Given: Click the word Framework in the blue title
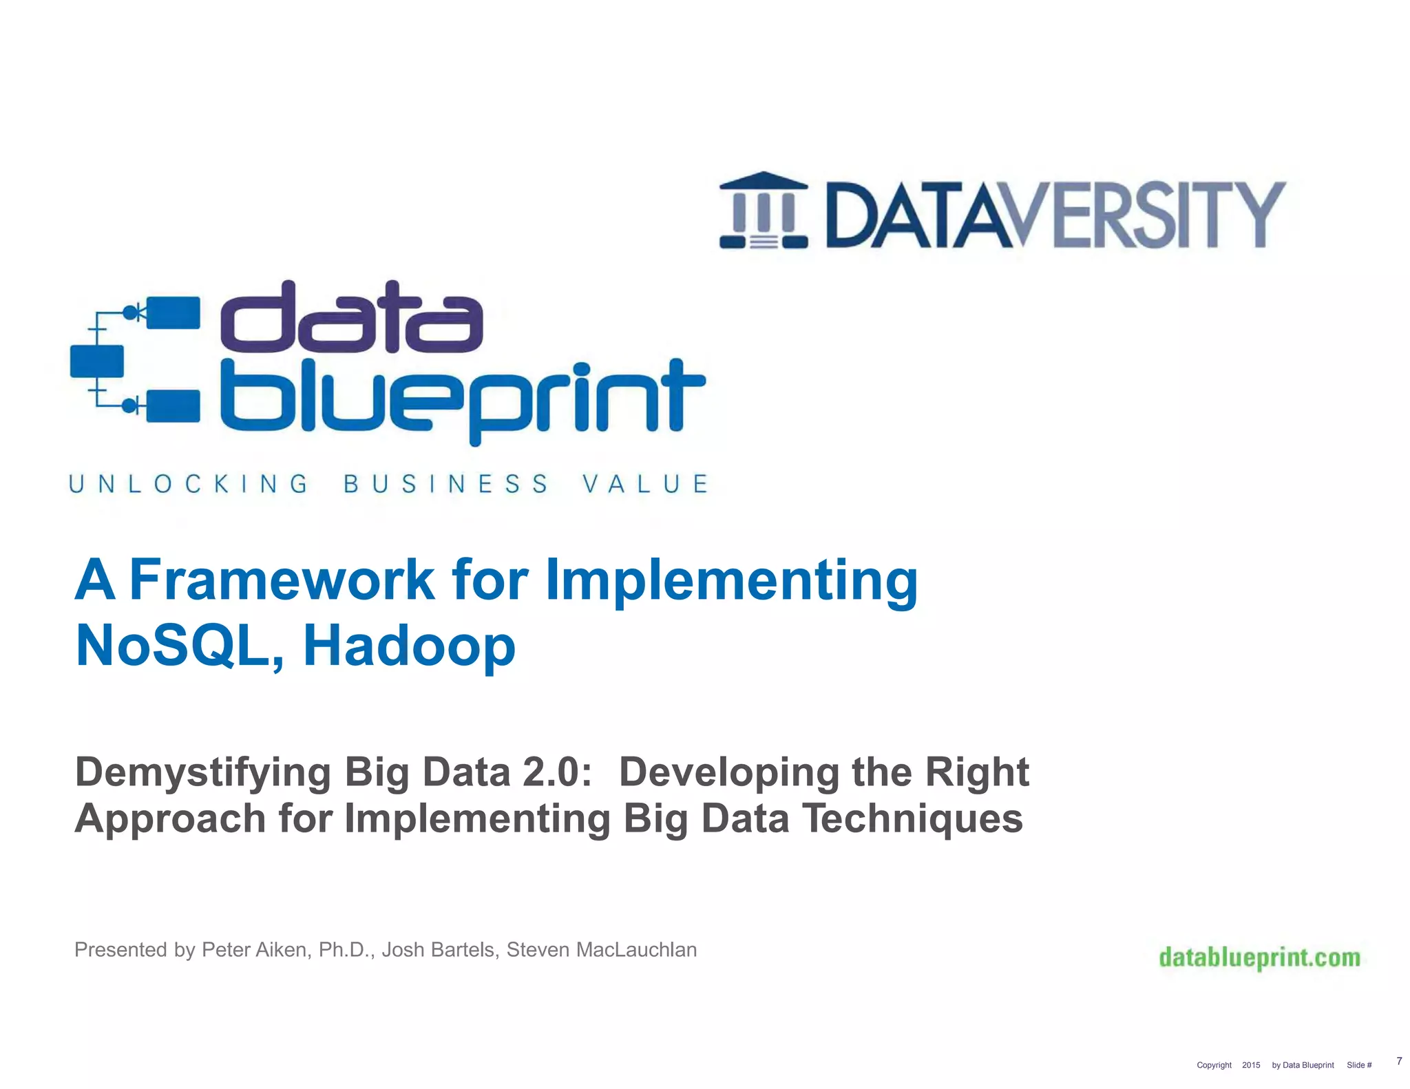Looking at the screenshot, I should point(282,580).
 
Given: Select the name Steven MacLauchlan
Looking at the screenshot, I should point(602,950).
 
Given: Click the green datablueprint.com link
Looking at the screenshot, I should point(1259,958).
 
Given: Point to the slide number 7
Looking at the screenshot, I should point(1399,1061).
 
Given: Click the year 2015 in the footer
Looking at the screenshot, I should point(1251,1065).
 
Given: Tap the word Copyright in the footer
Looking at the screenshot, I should point(1214,1065).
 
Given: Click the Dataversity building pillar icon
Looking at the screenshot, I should point(764,210).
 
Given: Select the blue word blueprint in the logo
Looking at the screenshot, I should point(461,399).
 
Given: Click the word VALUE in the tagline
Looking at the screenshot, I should point(645,484).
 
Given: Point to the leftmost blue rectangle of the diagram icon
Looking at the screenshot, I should point(97,361).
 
